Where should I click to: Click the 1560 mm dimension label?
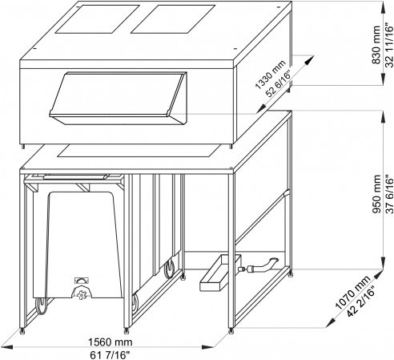[x=110, y=342]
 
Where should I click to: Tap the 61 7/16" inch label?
[x=110, y=355]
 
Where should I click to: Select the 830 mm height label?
[x=376, y=45]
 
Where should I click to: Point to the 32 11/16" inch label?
[x=389, y=46]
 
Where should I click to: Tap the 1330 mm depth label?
[x=270, y=75]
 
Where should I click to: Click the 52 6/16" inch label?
[x=278, y=84]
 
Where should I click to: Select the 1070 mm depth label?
[x=352, y=293]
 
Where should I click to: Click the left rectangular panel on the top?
[x=97, y=18]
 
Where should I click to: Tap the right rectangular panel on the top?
[x=173, y=19]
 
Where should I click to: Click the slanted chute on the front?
[x=118, y=98]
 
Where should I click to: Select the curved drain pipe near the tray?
[x=263, y=265]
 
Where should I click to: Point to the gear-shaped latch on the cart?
[x=82, y=293]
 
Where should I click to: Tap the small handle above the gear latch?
[x=82, y=281]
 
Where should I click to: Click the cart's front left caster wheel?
[x=41, y=305]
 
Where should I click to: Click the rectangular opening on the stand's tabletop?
[x=139, y=151]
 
